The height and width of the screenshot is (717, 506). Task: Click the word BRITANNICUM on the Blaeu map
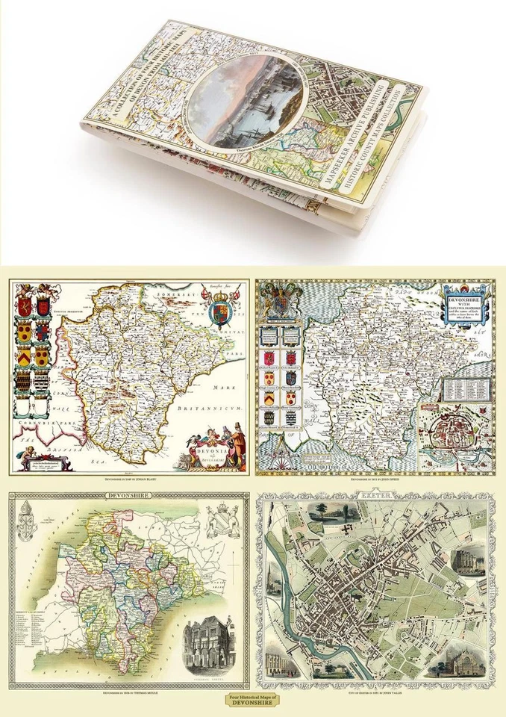coord(205,410)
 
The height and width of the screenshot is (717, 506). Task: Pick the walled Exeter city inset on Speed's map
coord(453,434)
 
